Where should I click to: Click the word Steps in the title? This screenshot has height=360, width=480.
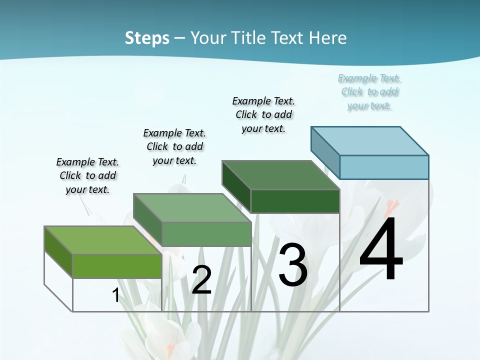click(x=147, y=38)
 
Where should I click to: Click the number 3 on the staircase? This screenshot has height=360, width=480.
click(x=292, y=265)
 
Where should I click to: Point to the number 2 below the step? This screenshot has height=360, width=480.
click(x=201, y=280)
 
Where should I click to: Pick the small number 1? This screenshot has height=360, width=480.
click(x=116, y=295)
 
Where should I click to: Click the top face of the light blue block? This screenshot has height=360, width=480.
click(x=370, y=140)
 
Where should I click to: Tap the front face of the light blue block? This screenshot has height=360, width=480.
click(x=384, y=167)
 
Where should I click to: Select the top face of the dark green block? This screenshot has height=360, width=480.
click(x=281, y=175)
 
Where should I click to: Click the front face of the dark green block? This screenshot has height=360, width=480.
click(x=295, y=201)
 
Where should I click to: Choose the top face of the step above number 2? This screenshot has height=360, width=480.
click(x=192, y=207)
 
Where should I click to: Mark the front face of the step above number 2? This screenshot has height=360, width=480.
click(x=206, y=234)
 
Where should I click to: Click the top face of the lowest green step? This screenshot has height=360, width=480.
click(x=103, y=240)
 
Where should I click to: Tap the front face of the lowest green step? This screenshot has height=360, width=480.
click(x=117, y=266)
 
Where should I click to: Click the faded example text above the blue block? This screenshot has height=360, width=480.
click(x=369, y=92)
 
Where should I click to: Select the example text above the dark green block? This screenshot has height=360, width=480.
click(x=263, y=114)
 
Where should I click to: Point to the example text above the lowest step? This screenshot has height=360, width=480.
click(x=87, y=175)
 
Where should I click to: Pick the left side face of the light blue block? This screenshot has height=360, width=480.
click(x=325, y=152)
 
